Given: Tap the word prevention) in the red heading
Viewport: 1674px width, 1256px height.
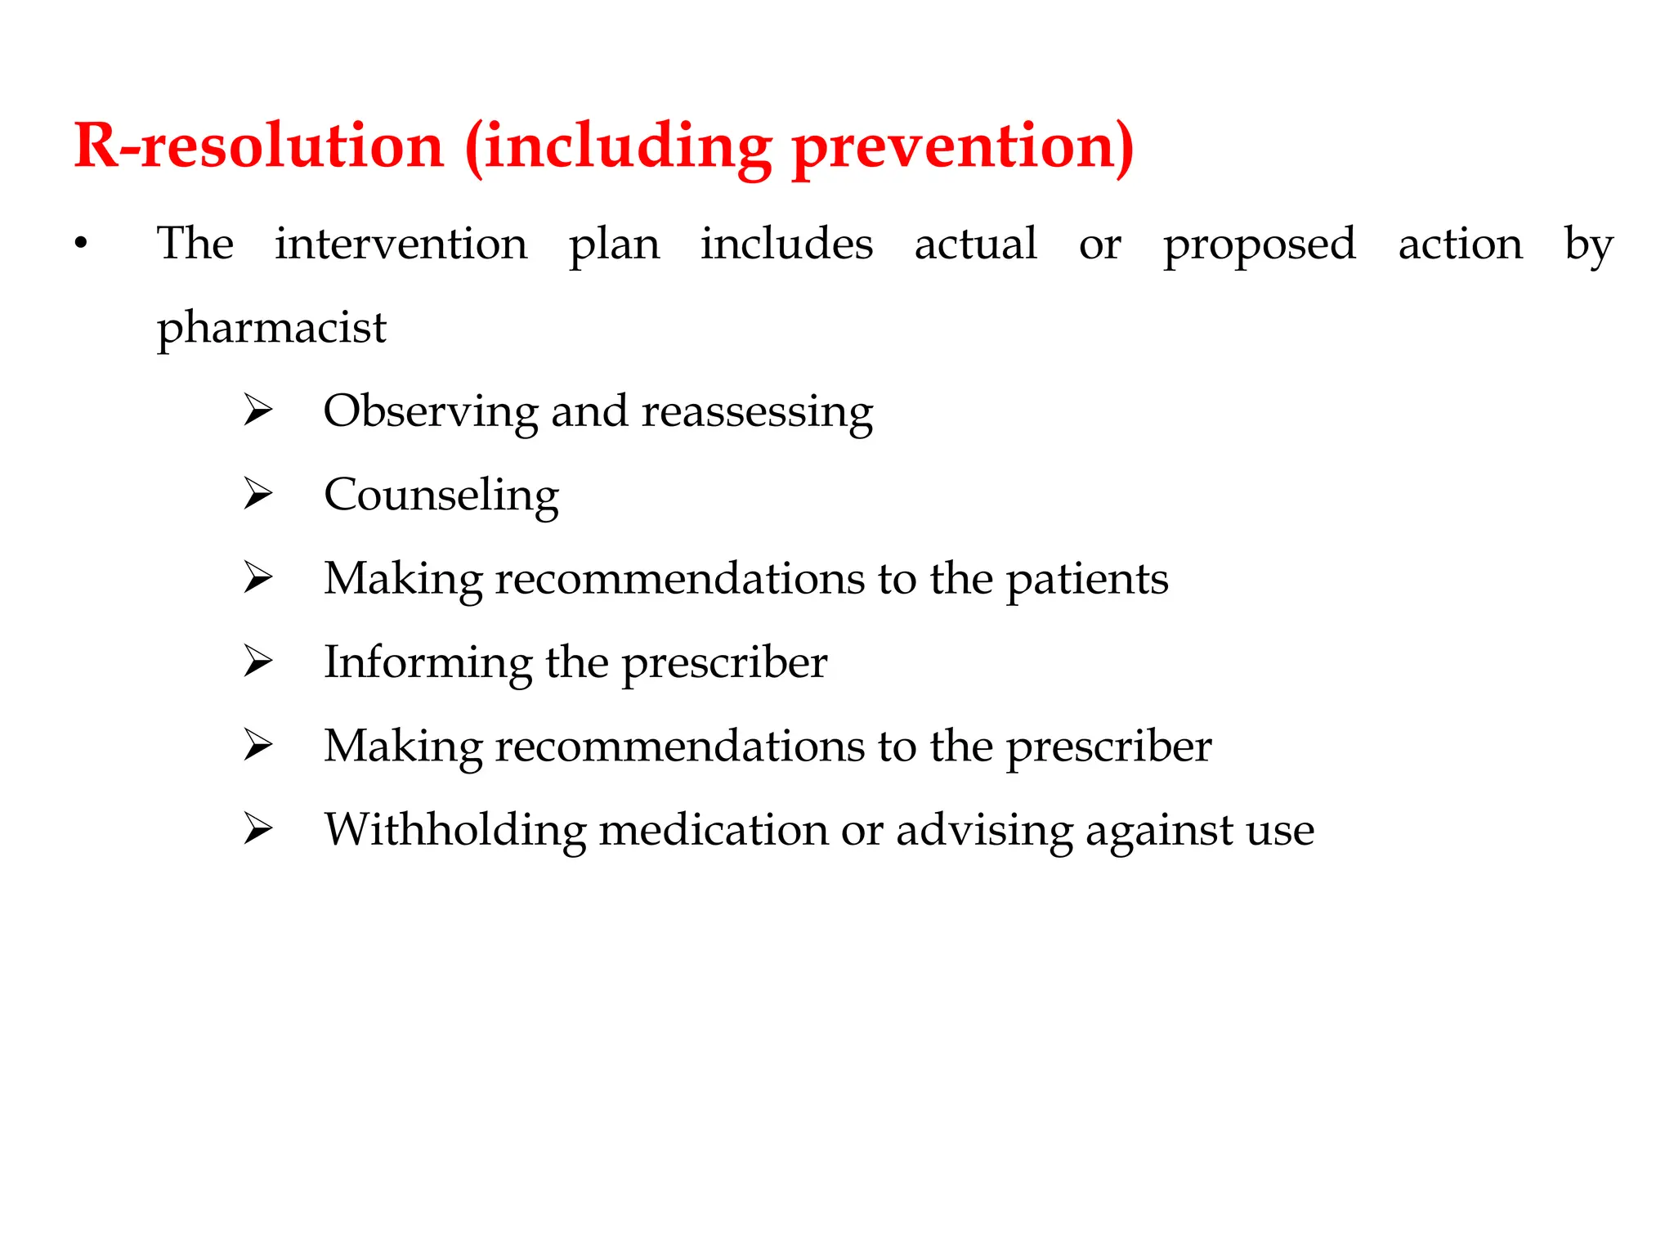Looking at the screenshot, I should point(963,147).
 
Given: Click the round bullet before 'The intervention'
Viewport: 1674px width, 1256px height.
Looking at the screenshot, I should point(80,244).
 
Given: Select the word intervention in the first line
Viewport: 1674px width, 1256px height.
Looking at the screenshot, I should point(401,244).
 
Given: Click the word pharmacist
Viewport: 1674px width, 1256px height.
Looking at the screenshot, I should point(271,329).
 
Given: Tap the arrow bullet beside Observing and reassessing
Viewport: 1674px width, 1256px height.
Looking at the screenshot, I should point(257,410).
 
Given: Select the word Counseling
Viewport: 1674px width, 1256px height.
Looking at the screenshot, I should point(441,496).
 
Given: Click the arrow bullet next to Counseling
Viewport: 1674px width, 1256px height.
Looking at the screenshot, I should point(257,495).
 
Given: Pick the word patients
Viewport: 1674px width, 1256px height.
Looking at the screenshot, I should point(1086,579).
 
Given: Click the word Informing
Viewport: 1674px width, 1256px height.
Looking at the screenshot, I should point(427,662).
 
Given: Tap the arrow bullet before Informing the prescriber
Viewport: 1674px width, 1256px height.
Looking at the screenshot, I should point(257,662).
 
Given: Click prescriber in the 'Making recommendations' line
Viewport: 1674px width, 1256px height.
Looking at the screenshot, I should point(1108,747).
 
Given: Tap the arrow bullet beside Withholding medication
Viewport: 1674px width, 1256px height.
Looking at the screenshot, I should point(257,830).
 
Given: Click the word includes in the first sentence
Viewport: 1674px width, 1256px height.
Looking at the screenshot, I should point(786,244).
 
